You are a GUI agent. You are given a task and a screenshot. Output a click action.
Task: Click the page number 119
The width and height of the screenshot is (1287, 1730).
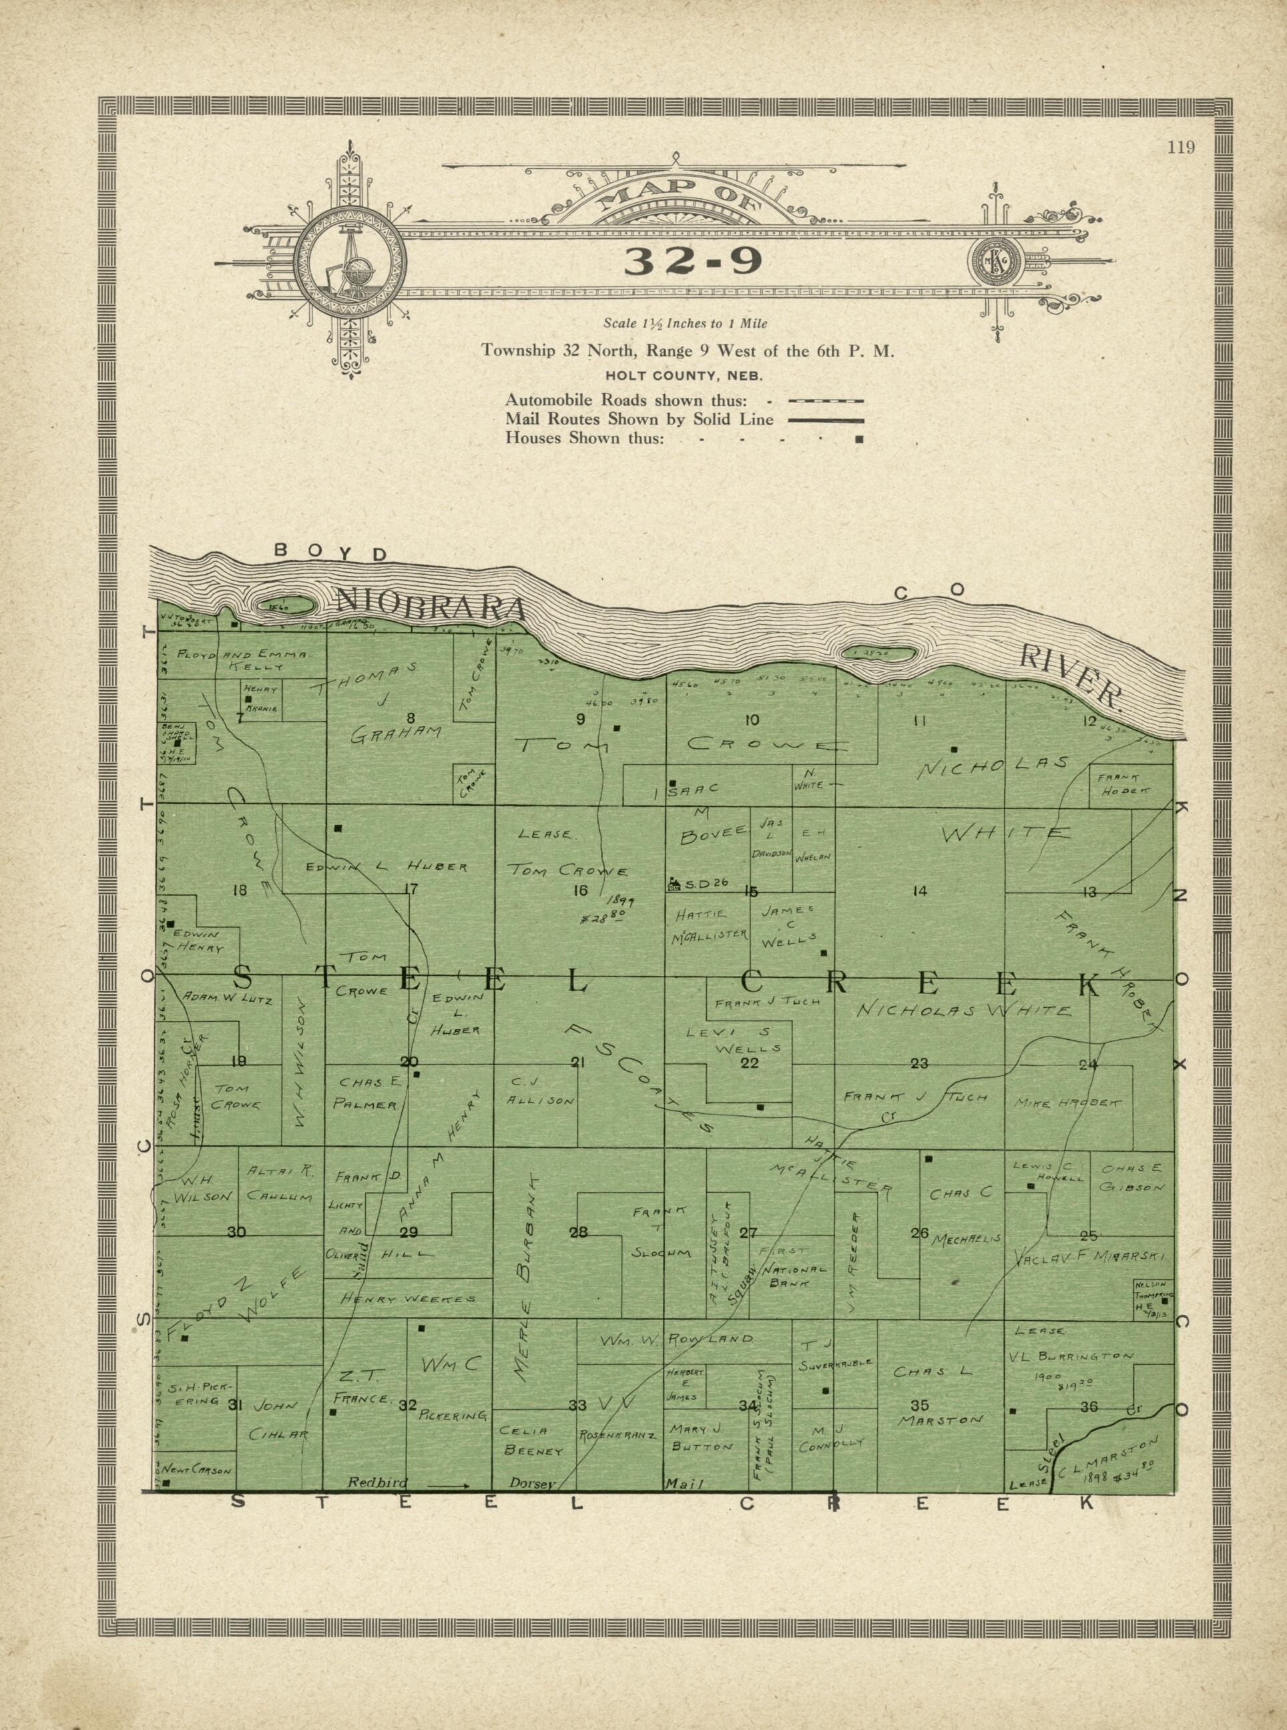1181,148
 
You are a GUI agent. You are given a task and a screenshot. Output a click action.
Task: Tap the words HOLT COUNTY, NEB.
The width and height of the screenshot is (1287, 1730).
685,376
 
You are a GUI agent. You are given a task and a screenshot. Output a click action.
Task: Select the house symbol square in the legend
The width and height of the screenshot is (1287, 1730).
859,439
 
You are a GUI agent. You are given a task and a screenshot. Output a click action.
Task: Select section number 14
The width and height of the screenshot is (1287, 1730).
919,891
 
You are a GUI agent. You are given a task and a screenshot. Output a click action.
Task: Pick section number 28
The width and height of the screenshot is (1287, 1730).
578,1231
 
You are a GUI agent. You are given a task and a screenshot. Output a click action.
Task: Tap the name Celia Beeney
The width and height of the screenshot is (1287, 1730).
533,1441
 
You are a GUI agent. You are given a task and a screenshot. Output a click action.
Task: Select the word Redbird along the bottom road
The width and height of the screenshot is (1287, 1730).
374,1482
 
